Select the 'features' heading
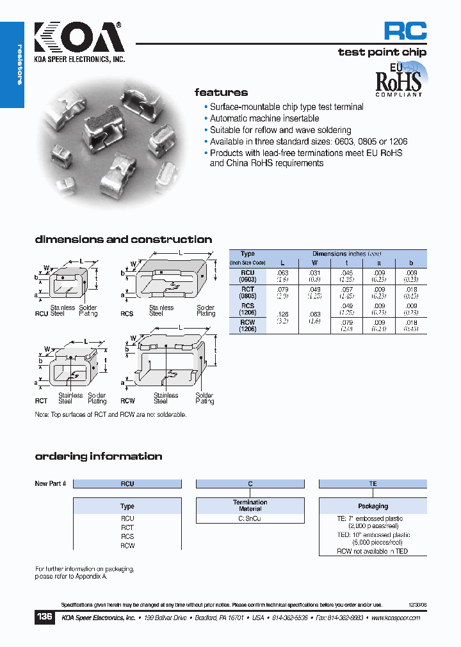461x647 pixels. [221, 93]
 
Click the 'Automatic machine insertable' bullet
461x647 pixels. [264, 119]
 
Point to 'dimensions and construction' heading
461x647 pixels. [123, 240]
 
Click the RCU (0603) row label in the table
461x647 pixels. [247, 276]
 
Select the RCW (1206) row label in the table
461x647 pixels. [247, 325]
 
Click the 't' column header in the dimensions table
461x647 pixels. [346, 263]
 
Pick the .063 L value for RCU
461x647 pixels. [282, 272]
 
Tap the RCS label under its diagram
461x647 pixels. [126, 314]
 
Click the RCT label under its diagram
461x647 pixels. [41, 401]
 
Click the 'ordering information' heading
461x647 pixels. [99, 456]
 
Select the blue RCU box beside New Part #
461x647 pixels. [127, 484]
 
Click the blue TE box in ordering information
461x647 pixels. [373, 484]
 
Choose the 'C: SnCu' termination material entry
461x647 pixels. [250, 519]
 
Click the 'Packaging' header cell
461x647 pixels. [373, 506]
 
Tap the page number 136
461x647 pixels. [44, 618]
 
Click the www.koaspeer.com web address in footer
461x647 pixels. [395, 618]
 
